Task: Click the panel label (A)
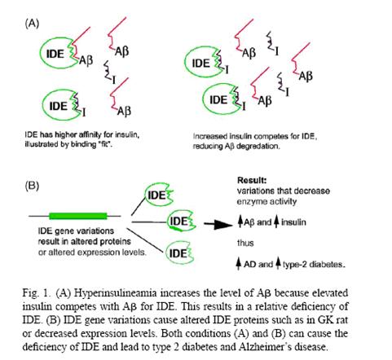pos(32,24)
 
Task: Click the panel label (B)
pos(32,186)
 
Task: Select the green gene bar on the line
pos(78,216)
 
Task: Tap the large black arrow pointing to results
pos(218,224)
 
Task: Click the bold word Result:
pos(252,180)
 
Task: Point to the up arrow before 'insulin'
pos(276,222)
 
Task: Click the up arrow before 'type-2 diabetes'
pos(278,263)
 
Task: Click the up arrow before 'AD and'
pos(239,263)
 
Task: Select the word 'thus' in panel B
pos(245,243)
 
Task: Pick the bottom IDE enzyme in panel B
pos(180,252)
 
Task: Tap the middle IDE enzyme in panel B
pos(181,221)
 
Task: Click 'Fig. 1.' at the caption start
pos(37,293)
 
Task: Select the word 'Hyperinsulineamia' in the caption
pos(116,293)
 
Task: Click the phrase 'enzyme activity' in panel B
pos(266,201)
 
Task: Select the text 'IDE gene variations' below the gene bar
pos(76,230)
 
